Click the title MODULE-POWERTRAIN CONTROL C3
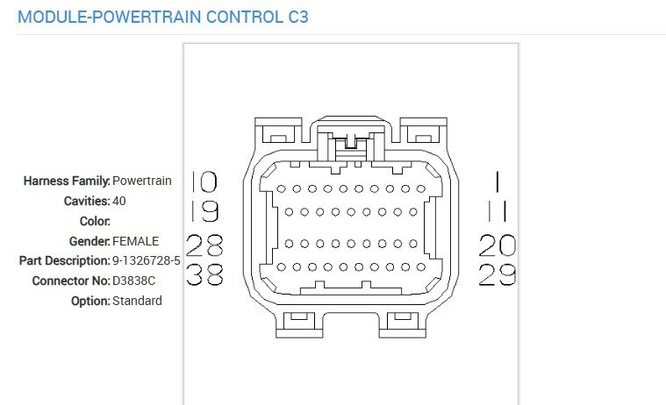[162, 17]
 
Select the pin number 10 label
[204, 181]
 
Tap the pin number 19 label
[204, 212]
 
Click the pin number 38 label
[204, 275]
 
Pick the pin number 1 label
[497, 181]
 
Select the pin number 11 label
[497, 212]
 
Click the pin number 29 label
[497, 275]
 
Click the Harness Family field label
[67, 181]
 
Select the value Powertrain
[142, 181]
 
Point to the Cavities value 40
[120, 201]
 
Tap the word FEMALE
[136, 241]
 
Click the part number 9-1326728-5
[147, 260]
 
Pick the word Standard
[137, 301]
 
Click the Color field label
[94, 221]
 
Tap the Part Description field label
[64, 260]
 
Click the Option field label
[90, 301]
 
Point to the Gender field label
[89, 241]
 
